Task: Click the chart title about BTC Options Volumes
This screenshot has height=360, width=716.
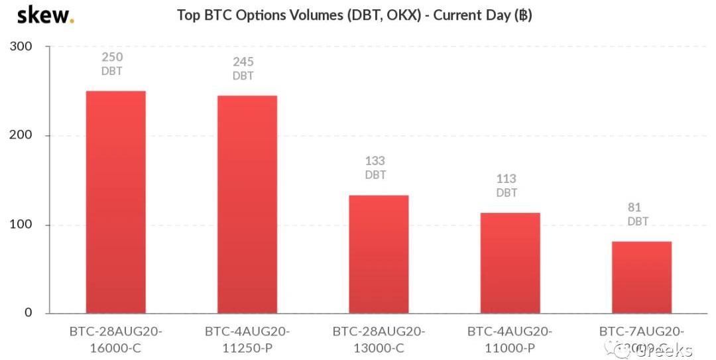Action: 355,15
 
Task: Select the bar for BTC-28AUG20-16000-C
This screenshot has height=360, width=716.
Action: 116,202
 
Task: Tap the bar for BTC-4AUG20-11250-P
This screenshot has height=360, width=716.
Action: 247,204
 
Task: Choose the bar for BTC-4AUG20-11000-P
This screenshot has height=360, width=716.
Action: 510,263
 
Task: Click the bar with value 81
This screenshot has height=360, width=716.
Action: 641,277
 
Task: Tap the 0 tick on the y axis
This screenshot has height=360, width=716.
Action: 28,312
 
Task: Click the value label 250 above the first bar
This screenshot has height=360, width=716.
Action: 112,58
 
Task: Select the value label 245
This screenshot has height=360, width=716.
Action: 243,62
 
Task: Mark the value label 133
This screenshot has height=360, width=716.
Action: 375,161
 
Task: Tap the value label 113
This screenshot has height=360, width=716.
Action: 507,179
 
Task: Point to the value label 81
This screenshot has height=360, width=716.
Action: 634,208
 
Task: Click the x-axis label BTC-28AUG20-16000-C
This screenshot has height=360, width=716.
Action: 115,339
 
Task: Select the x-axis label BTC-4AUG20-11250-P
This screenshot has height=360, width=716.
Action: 247,339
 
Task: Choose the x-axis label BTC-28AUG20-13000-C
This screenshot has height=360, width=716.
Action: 379,339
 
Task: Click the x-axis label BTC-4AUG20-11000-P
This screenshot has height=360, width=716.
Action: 510,339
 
